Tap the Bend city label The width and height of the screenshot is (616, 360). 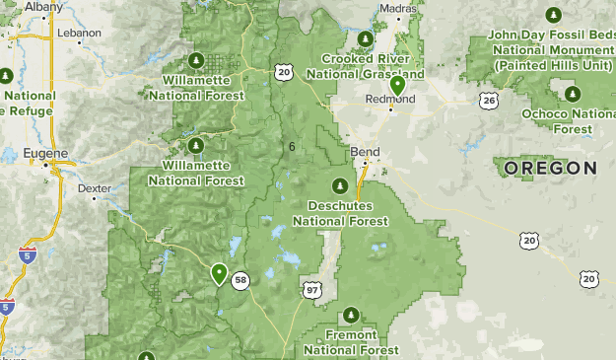364,153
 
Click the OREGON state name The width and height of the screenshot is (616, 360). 550,169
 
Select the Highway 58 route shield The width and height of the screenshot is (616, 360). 240,281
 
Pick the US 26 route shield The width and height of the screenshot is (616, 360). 490,100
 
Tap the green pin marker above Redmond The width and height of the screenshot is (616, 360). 397,86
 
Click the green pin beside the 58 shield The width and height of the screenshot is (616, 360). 218,272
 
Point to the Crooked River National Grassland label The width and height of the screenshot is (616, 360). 366,67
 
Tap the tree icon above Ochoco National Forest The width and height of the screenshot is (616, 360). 573,94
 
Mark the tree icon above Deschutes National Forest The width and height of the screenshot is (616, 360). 340,185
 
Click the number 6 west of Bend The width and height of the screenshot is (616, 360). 292,147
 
